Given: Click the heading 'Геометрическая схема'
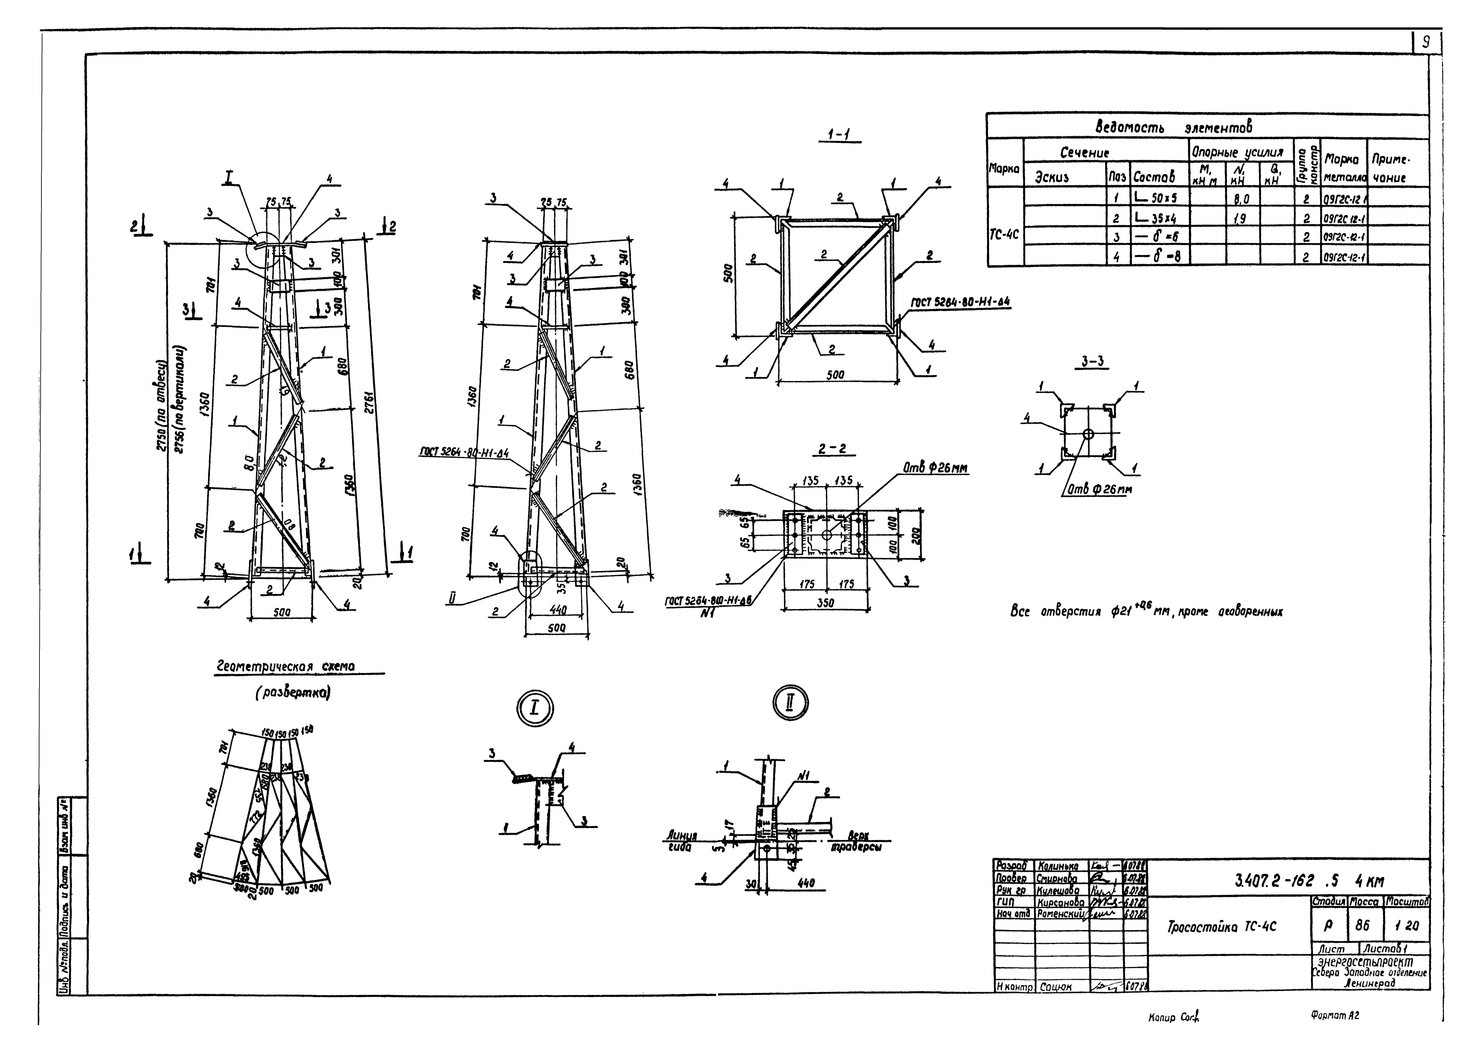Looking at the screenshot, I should point(286,667).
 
